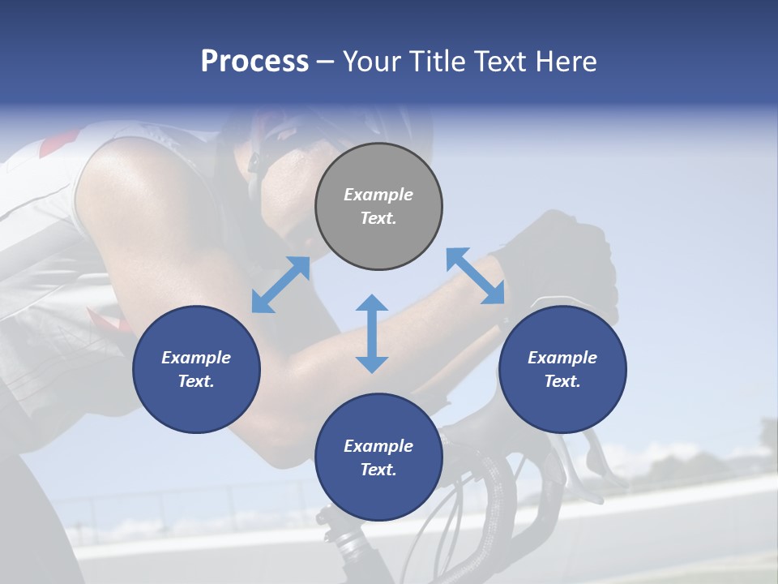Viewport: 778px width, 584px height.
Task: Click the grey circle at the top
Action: (x=378, y=207)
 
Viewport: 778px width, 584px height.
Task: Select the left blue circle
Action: (x=196, y=369)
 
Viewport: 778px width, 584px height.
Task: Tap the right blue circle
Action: (x=562, y=369)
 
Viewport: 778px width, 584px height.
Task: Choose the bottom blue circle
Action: (x=378, y=457)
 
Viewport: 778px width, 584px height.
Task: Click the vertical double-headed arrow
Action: (x=372, y=333)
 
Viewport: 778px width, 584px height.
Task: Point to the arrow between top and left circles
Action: (x=280, y=285)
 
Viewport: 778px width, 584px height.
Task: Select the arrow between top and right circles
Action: (x=475, y=276)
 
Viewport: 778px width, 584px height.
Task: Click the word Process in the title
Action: (x=254, y=61)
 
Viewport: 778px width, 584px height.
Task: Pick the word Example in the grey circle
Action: (x=378, y=195)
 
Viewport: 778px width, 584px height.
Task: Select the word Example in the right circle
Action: (x=562, y=358)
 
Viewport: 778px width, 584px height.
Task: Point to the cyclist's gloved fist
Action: (x=567, y=260)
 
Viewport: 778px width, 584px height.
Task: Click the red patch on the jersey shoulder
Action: (x=58, y=144)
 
